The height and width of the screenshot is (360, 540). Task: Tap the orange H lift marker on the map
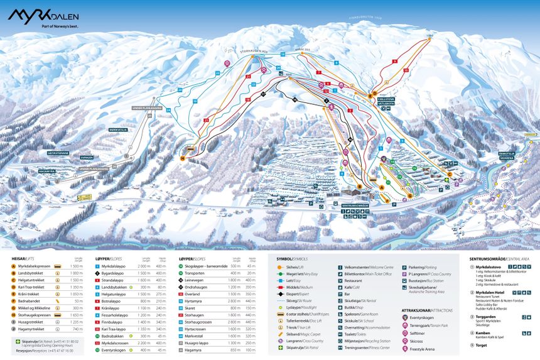click(x=183, y=159)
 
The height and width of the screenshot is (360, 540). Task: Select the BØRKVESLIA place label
click(x=117, y=130)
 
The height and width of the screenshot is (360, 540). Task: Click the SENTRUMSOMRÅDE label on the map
click(x=355, y=205)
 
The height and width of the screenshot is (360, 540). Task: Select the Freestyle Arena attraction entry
click(x=423, y=349)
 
